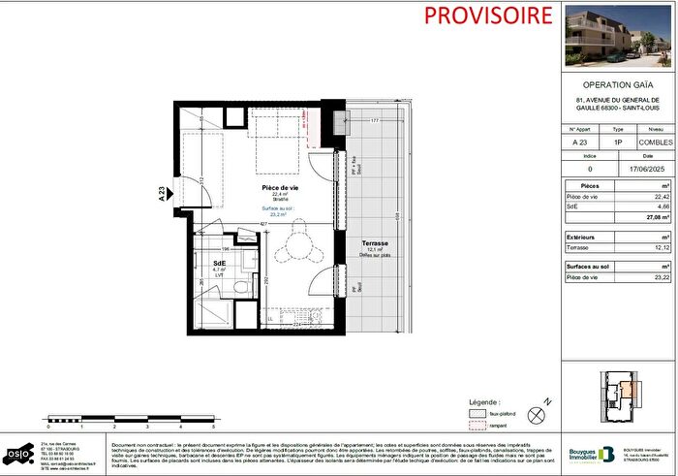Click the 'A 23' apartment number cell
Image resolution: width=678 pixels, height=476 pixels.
click(x=581, y=143)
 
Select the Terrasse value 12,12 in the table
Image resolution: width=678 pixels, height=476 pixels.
click(x=661, y=247)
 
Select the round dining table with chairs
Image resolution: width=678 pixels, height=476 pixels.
click(x=292, y=251)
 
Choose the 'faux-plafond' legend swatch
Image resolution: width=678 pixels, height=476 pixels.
click(x=476, y=412)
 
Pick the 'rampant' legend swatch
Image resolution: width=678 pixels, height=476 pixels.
click(x=476, y=425)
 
